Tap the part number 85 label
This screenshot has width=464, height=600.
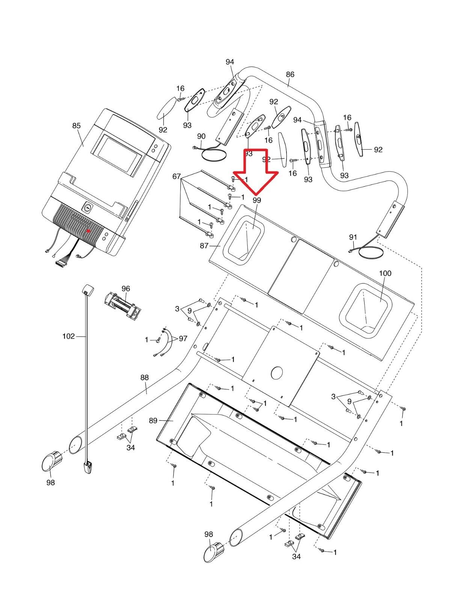tap(77, 126)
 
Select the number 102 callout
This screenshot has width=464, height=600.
tap(69, 336)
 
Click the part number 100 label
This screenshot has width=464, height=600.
tap(385, 273)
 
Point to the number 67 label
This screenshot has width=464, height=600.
tap(176, 176)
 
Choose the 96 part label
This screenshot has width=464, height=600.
tap(126, 288)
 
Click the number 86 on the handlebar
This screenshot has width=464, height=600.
tap(290, 74)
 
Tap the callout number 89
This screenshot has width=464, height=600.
tap(153, 420)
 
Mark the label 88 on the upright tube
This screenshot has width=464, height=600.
tap(145, 378)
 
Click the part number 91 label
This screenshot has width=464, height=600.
tap(353, 237)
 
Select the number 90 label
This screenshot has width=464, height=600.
tap(201, 136)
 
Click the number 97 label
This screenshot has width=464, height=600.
tap(183, 339)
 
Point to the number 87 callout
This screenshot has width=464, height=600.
tap(204, 246)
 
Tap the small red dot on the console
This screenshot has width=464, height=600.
tap(88, 231)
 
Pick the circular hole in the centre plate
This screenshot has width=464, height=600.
tap(277, 373)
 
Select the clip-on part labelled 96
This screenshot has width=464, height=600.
tap(123, 304)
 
